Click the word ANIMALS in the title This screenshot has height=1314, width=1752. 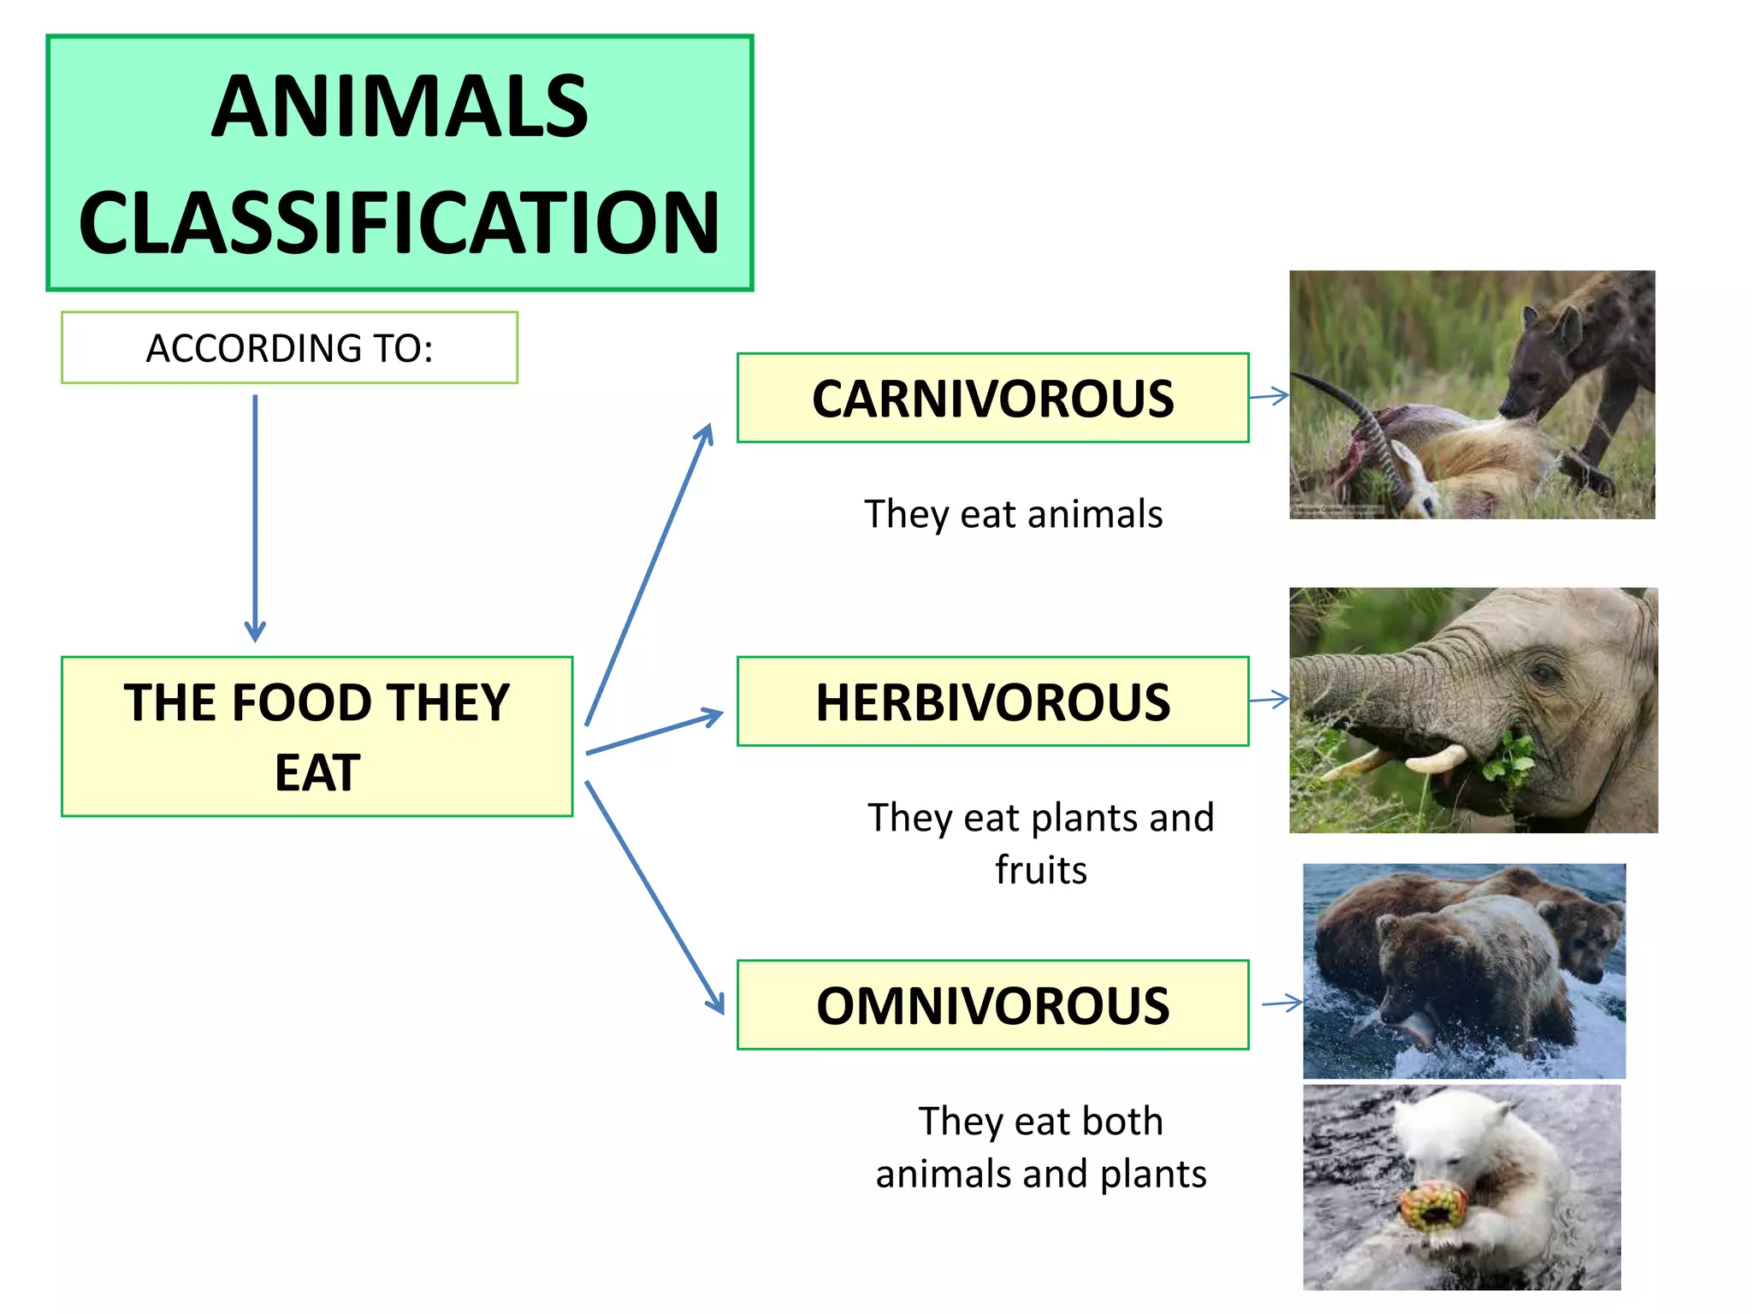(400, 107)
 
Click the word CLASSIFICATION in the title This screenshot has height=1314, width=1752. (400, 222)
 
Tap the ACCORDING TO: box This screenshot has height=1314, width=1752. (289, 348)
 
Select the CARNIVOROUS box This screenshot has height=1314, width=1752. (992, 399)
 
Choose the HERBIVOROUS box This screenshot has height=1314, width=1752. (992, 701)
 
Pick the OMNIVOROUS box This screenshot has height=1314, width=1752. (992, 1005)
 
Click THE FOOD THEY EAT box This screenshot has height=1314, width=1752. (317, 737)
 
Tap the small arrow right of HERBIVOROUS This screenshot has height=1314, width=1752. (1269, 700)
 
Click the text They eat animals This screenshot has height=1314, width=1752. (1013, 514)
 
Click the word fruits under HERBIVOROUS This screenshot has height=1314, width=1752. (1040, 870)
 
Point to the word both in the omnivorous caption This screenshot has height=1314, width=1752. (1122, 1122)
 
